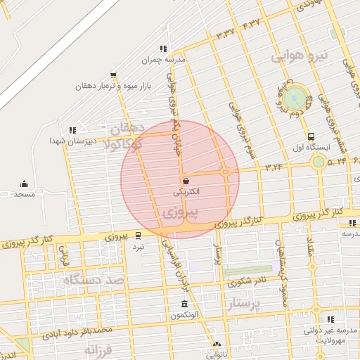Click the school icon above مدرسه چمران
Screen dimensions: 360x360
(163, 49)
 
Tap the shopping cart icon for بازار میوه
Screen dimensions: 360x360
(113, 76)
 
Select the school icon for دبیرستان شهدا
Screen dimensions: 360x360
(72, 130)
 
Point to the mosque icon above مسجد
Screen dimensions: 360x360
(24, 184)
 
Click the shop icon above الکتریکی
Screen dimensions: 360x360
(185, 181)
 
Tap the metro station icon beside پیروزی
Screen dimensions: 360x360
(138, 236)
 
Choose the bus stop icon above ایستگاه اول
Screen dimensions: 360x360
(311, 136)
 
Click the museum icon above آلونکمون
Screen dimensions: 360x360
(184, 304)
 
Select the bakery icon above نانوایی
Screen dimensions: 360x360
(216, 345)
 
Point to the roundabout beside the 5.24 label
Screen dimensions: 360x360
(319, 162)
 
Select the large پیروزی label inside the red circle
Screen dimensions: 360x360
(180, 211)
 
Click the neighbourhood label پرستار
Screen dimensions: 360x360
(244, 304)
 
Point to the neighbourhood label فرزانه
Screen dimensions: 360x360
(98, 349)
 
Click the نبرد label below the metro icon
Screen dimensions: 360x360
(139, 247)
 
